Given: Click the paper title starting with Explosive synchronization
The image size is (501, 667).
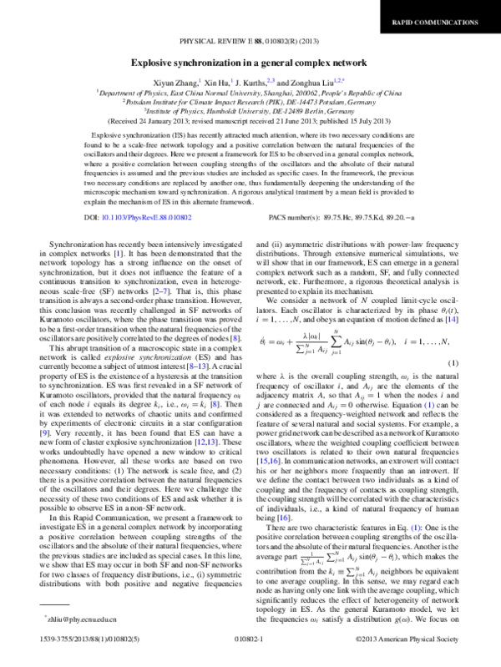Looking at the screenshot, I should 250,63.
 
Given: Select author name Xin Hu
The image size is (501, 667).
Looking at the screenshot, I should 219,83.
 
